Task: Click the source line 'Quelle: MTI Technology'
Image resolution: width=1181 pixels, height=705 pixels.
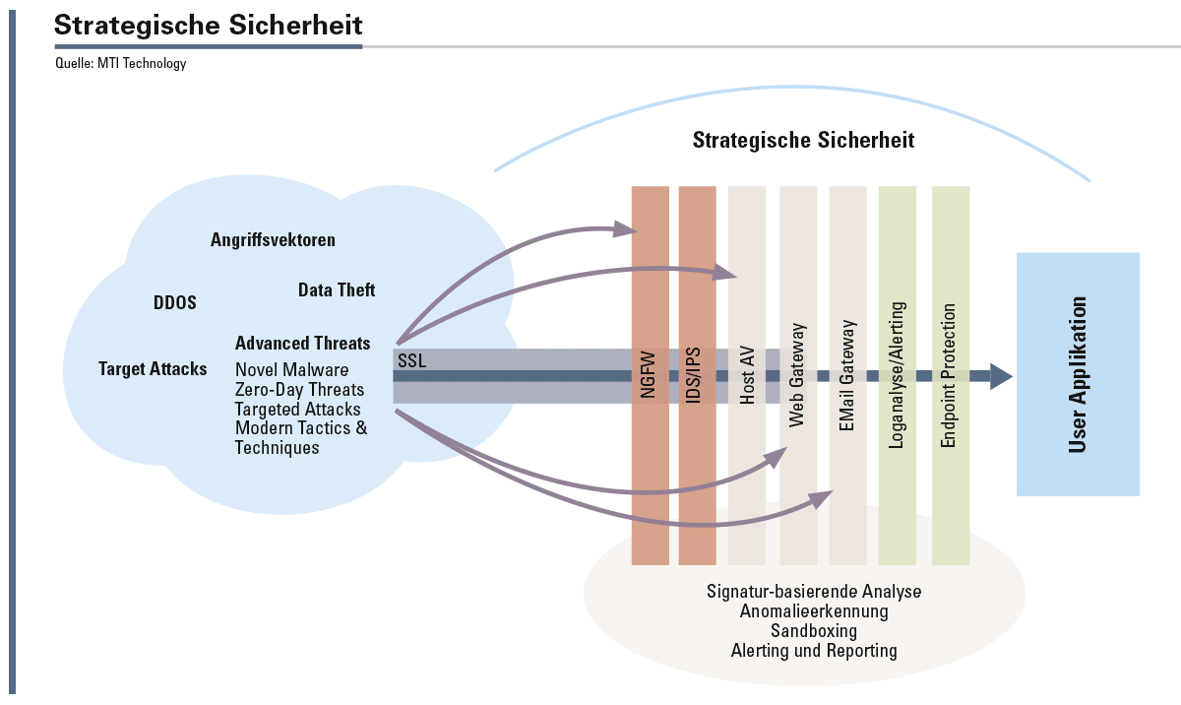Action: point(121,64)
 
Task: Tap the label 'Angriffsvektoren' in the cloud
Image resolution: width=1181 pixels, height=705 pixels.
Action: point(273,240)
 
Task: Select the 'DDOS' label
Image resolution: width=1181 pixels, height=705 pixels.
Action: point(175,302)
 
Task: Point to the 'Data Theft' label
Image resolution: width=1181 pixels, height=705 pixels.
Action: point(337,289)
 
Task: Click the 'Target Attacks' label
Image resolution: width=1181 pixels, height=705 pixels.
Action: point(153,368)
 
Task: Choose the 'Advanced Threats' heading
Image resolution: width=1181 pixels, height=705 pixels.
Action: point(303,344)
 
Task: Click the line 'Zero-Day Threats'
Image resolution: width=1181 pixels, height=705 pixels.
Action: point(299,390)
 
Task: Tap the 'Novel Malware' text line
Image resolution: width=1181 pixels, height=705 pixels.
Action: point(291,369)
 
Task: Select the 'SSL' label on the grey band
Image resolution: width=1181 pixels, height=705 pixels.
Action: point(411,360)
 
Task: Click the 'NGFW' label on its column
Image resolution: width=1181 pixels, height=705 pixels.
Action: point(648,375)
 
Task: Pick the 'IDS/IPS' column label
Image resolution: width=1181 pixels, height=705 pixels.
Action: point(693,375)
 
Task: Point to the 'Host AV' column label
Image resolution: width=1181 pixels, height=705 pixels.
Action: point(747,375)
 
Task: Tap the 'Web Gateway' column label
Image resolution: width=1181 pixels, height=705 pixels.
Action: point(796,375)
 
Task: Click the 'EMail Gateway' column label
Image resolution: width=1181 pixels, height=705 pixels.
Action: point(846,375)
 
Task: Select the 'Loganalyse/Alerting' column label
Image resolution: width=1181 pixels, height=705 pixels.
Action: point(897,375)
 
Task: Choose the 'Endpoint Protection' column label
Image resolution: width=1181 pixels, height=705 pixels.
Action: point(948,375)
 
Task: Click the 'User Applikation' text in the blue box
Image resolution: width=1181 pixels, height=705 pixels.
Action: point(1078,375)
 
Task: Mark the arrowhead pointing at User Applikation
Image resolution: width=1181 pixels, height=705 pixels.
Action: point(1001,376)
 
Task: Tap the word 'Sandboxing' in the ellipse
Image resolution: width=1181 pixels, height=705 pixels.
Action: point(814,630)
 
